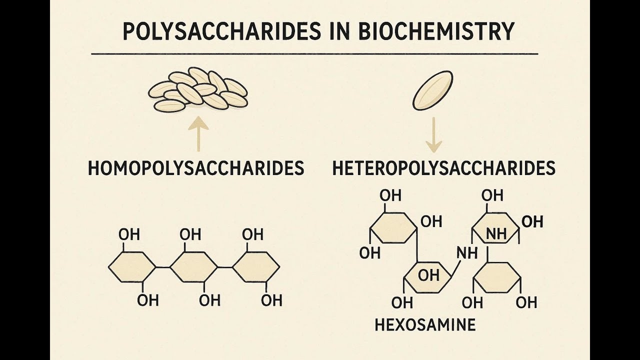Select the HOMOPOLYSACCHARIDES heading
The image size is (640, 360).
pyautogui.click(x=196, y=168)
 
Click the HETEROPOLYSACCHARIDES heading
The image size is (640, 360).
pyautogui.click(x=443, y=168)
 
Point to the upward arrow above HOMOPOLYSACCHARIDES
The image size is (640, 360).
pyautogui.click(x=198, y=134)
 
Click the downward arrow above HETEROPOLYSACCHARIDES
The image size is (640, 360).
pyautogui.click(x=433, y=135)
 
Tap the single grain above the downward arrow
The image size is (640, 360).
pyautogui.click(x=432, y=90)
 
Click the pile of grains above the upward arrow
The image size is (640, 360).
pyautogui.click(x=198, y=90)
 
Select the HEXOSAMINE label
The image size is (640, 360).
pyautogui.click(x=425, y=325)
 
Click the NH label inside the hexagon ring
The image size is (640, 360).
pyautogui.click(x=496, y=233)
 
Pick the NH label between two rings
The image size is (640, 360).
pyautogui.click(x=467, y=253)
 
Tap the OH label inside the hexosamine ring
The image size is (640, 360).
pyautogui.click(x=428, y=275)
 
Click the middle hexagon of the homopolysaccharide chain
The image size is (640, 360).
pyautogui.click(x=194, y=267)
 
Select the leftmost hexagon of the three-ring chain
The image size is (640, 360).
pyautogui.click(x=132, y=267)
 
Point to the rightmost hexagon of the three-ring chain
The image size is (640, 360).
pyautogui.click(x=256, y=267)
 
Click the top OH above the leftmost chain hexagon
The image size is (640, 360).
pyautogui.click(x=129, y=234)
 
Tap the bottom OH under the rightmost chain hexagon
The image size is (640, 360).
pyautogui.click(x=271, y=300)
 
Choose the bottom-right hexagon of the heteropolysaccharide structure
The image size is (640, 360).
pyautogui.click(x=497, y=277)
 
